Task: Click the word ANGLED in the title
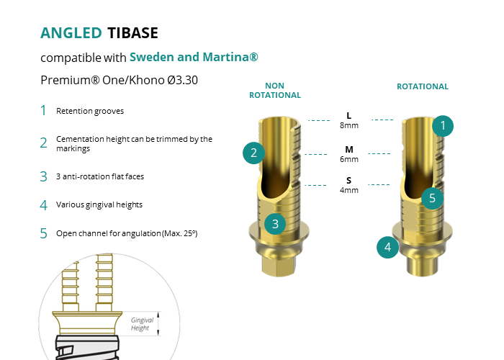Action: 71,33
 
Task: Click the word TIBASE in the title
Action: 132,33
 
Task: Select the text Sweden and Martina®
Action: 194,57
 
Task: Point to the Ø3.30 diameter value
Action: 182,80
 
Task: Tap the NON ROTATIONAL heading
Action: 275,90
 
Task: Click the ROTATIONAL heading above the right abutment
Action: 423,86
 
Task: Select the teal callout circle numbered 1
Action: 443,126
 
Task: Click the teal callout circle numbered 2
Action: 253,153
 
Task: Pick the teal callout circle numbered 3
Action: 275,224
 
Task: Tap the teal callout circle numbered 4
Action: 387,247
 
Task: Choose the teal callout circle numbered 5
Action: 432,198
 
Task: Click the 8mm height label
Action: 349,125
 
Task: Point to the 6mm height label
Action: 349,159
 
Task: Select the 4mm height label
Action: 349,190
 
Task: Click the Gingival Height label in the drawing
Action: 142,324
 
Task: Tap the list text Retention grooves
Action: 90,111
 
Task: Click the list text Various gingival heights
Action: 99,204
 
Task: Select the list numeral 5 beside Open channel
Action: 44,233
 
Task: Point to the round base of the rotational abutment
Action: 423,265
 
